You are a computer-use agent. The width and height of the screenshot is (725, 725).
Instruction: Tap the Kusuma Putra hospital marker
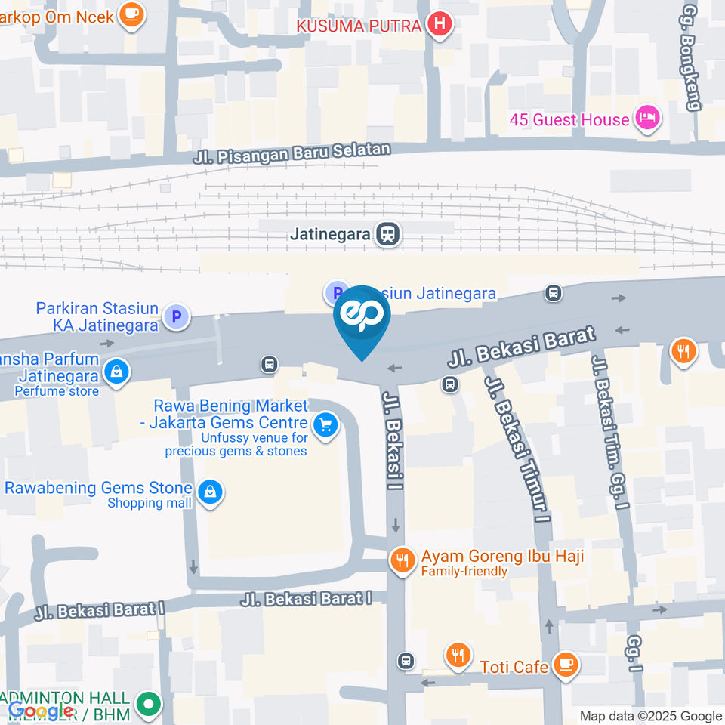tap(439, 26)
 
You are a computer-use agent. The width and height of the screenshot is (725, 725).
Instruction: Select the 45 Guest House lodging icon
tap(648, 118)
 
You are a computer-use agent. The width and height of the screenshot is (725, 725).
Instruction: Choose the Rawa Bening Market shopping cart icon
tap(325, 425)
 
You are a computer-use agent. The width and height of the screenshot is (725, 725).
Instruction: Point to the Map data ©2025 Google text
tap(651, 716)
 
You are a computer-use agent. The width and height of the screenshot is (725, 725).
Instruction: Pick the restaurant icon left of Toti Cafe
tap(458, 656)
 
